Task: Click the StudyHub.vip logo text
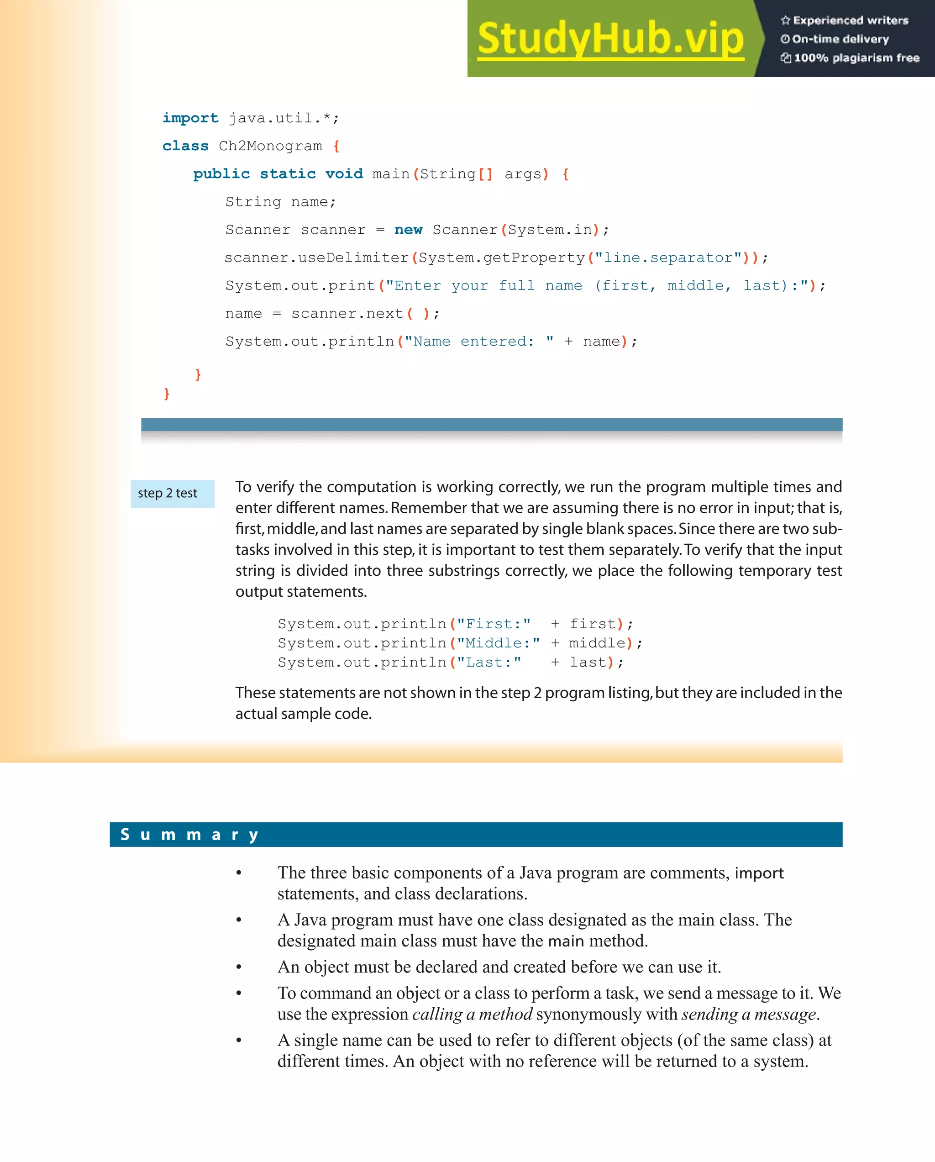[x=610, y=39]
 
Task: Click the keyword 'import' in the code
[x=190, y=118]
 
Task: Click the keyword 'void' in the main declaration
[x=344, y=174]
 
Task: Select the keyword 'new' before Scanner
[x=408, y=230]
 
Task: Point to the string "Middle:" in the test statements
[x=498, y=643]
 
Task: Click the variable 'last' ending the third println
[x=588, y=662]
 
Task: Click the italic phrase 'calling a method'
[x=472, y=1015]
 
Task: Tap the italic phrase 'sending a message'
[x=749, y=1015]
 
